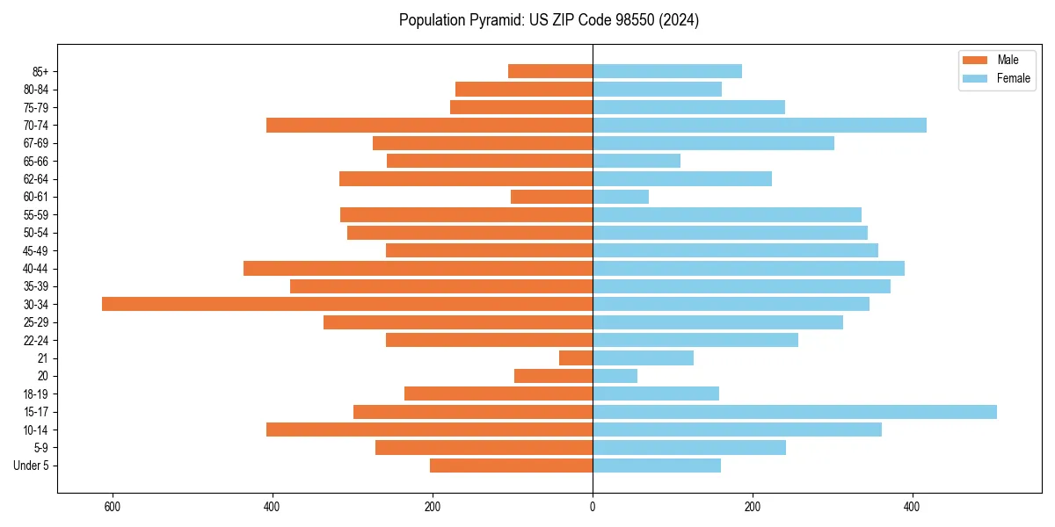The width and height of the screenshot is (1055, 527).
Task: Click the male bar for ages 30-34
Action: coord(347,304)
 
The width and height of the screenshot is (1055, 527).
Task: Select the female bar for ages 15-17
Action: coord(795,412)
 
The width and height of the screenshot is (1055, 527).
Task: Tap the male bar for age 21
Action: coord(576,358)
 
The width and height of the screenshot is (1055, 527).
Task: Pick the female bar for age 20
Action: coord(615,376)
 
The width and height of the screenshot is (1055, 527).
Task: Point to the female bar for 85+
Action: coord(667,71)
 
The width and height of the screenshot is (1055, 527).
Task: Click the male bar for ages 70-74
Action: coord(429,126)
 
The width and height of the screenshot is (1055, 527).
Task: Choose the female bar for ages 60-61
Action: coord(621,197)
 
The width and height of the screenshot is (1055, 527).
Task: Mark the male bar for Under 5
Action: coord(511,466)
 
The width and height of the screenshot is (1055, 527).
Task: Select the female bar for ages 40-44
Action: coord(748,269)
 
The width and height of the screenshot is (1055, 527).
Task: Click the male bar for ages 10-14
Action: coord(429,430)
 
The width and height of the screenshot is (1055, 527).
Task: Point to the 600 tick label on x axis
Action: coord(112,507)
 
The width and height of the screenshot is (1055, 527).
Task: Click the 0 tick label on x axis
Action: coord(593,507)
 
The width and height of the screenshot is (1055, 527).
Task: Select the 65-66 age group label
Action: coord(36,162)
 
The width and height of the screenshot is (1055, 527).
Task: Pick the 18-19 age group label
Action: coord(36,394)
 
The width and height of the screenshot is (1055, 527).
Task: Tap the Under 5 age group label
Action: coord(31,466)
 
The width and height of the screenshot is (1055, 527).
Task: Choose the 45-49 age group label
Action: coord(36,251)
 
